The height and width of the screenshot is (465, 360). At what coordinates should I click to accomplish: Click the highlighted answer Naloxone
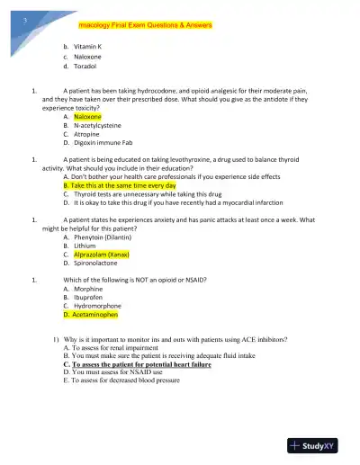click(x=87, y=117)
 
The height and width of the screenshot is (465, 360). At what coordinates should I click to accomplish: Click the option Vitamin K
click(x=88, y=46)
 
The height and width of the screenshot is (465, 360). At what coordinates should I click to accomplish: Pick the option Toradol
click(x=86, y=66)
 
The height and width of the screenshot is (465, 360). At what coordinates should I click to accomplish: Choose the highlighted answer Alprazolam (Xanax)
click(x=103, y=255)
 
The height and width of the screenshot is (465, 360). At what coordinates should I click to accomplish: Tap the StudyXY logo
click(x=316, y=445)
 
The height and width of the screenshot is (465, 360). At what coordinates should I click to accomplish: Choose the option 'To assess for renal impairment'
click(x=116, y=348)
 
